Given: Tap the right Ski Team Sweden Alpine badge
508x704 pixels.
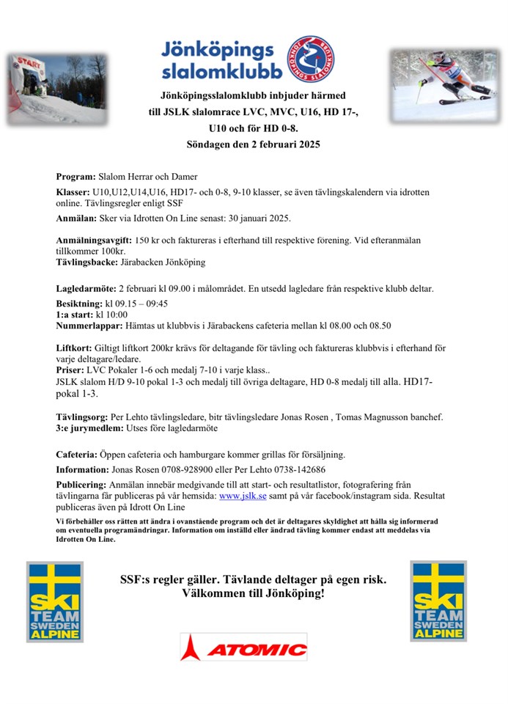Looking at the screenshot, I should click(438, 601).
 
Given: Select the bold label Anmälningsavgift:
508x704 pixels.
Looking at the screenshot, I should click(93, 241).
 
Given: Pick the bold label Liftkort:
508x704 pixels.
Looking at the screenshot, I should click(74, 348).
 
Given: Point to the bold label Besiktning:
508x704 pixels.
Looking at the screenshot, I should click(81, 303).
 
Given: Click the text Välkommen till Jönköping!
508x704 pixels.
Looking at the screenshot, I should click(254, 593).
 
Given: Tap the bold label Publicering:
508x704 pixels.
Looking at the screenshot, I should click(81, 485).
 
